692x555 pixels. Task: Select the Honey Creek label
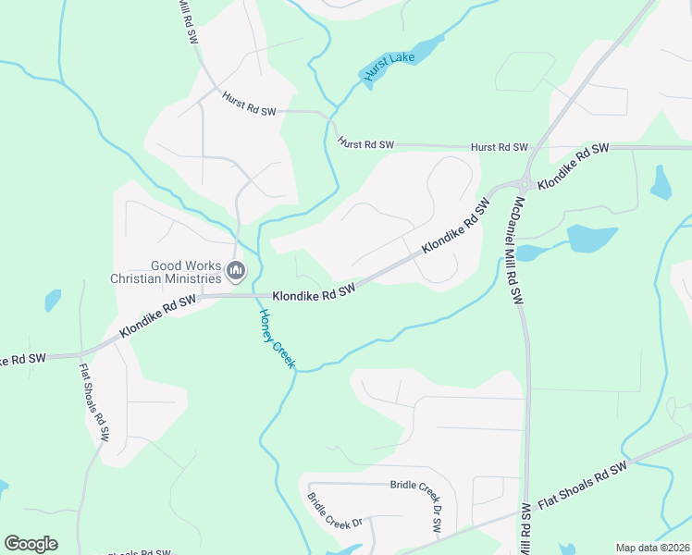coord(275,339)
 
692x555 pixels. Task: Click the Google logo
coord(31,544)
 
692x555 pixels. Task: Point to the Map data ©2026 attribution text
coord(653,548)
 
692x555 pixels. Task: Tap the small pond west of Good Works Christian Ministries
coord(53,301)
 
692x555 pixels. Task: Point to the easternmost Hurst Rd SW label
coord(499,147)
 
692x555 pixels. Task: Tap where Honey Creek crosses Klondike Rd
coord(253,296)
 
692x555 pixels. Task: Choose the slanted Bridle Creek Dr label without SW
coord(334,511)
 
